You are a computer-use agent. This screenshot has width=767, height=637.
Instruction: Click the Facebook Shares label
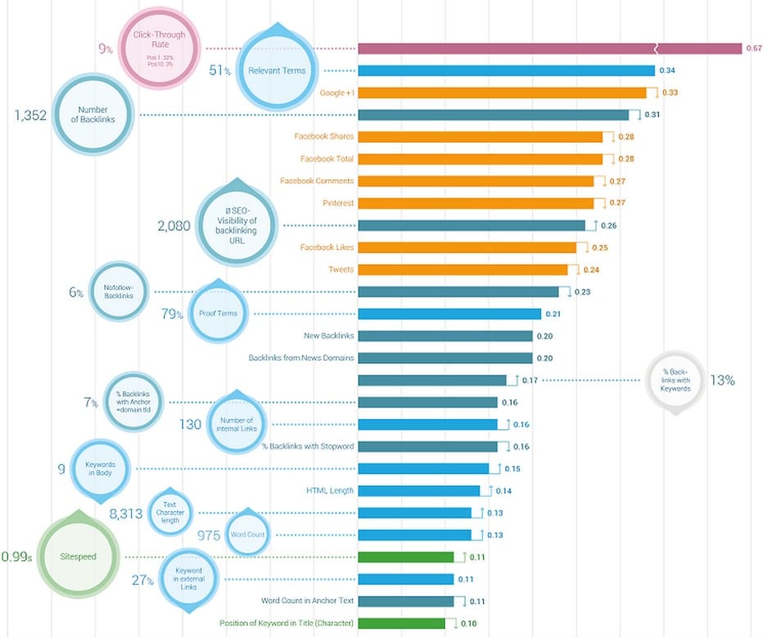click(x=327, y=137)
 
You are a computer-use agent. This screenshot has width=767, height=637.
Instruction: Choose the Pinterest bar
click(x=476, y=203)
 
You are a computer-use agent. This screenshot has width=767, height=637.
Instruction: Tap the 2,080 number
click(x=174, y=225)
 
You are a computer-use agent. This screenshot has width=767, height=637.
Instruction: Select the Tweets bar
click(x=462, y=269)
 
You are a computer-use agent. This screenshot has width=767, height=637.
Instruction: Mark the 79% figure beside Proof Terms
click(x=173, y=314)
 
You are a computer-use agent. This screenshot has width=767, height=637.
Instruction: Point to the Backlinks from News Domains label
click(x=301, y=358)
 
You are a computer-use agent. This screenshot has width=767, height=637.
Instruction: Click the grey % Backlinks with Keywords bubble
click(x=675, y=380)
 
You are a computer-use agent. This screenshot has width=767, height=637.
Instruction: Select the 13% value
click(x=722, y=380)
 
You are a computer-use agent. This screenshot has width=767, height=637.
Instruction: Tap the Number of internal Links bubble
click(x=236, y=424)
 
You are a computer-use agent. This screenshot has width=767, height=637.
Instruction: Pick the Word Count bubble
click(x=246, y=535)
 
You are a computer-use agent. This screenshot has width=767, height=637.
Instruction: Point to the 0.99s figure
click(x=17, y=557)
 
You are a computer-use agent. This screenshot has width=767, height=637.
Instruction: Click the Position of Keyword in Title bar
click(x=402, y=623)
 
